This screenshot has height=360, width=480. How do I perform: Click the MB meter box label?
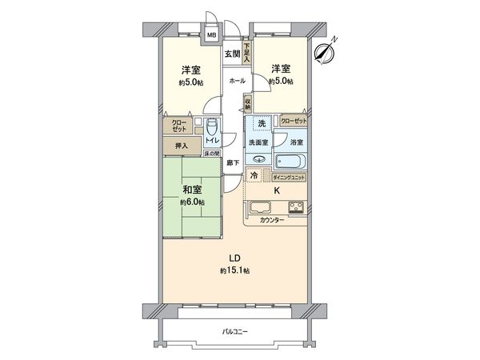coord(213,35)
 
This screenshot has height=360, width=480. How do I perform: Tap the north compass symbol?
coord(324,52)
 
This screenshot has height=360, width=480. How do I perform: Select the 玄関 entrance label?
coord(231,54)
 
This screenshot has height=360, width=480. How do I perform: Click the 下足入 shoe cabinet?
coord(247,54)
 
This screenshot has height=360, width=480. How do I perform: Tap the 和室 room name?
coord(191,190)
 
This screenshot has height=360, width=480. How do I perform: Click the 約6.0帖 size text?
coord(191,202)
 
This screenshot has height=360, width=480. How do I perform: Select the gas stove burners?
coord(294,209)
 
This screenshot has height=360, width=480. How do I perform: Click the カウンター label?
coord(272,220)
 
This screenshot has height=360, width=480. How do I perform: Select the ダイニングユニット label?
coord(288,176)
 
